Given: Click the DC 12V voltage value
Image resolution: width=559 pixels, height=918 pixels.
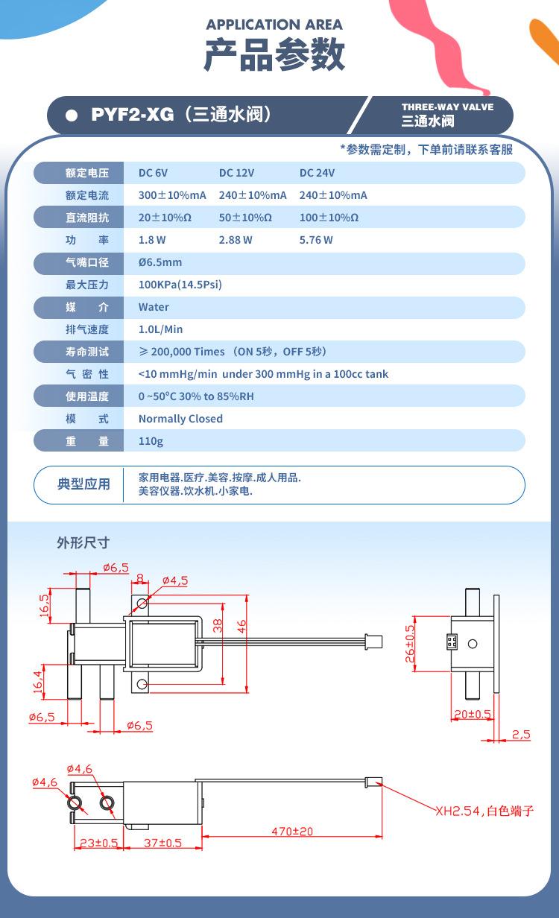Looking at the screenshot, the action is pyautogui.click(x=236, y=173).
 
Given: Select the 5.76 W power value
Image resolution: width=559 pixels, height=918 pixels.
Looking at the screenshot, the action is pyautogui.click(x=316, y=240).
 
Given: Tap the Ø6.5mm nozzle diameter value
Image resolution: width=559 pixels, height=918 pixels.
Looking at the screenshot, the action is pyautogui.click(x=160, y=262).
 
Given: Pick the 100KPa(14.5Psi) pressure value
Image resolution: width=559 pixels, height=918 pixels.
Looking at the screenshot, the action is pyautogui.click(x=180, y=285).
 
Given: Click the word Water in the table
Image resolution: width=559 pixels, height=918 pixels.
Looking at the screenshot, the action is pyautogui.click(x=154, y=307).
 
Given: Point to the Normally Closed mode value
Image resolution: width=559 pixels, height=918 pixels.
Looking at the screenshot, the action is pyautogui.click(x=180, y=419).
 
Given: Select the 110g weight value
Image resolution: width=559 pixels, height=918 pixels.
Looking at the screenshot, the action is pyautogui.click(x=151, y=441).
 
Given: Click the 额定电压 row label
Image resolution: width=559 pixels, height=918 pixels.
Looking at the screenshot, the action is pyautogui.click(x=87, y=173).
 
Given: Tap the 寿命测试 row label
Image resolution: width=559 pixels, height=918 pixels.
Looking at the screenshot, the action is pyautogui.click(x=87, y=352).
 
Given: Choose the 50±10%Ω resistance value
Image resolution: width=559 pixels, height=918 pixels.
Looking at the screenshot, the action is pyautogui.click(x=245, y=218).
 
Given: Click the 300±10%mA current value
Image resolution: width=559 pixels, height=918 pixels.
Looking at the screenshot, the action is pyautogui.click(x=172, y=195).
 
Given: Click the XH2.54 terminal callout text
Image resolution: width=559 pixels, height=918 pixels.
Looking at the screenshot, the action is pyautogui.click(x=484, y=811).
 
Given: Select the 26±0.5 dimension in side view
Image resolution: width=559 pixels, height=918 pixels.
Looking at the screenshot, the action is pyautogui.click(x=411, y=644).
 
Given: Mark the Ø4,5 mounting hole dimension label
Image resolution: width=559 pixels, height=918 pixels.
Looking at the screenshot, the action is pyautogui.click(x=174, y=580).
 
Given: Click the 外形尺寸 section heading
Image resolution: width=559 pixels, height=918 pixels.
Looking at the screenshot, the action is pyautogui.click(x=83, y=542).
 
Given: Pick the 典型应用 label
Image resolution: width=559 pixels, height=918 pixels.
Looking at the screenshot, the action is pyautogui.click(x=84, y=484).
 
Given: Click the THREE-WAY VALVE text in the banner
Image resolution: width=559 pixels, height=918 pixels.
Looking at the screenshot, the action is pyautogui.click(x=447, y=107).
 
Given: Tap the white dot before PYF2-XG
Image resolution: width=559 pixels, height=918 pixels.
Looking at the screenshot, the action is pyautogui.click(x=72, y=115).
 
